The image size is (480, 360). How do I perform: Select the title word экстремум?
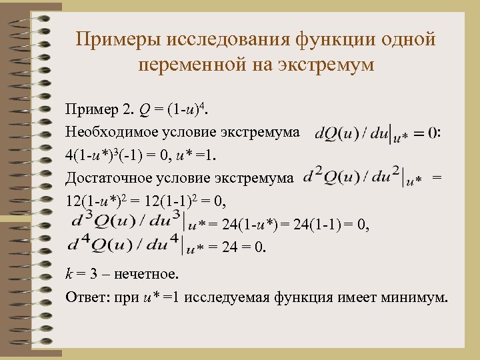(319, 66)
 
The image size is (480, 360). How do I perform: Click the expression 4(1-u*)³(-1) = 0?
(120, 155)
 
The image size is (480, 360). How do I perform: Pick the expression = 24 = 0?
(237, 248)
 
